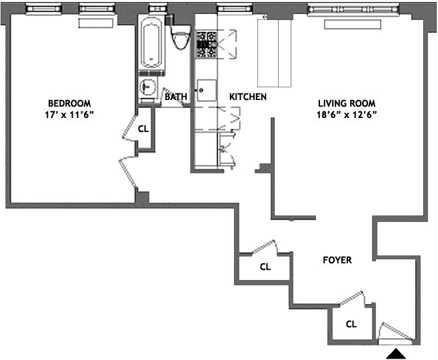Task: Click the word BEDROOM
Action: click(x=69, y=103)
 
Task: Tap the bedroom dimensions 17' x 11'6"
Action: click(x=69, y=115)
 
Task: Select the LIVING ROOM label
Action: click(x=346, y=103)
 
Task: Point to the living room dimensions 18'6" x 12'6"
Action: click(x=347, y=115)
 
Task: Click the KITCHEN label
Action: click(x=248, y=97)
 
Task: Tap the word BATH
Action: click(x=175, y=97)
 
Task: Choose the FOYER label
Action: click(x=337, y=260)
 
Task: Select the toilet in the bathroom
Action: click(x=179, y=39)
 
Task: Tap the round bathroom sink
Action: click(x=148, y=86)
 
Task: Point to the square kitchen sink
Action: click(x=205, y=88)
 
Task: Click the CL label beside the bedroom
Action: click(x=143, y=129)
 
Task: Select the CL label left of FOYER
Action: click(x=265, y=267)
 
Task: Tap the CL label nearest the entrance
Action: click(x=351, y=325)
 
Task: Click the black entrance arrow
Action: click(x=397, y=354)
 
